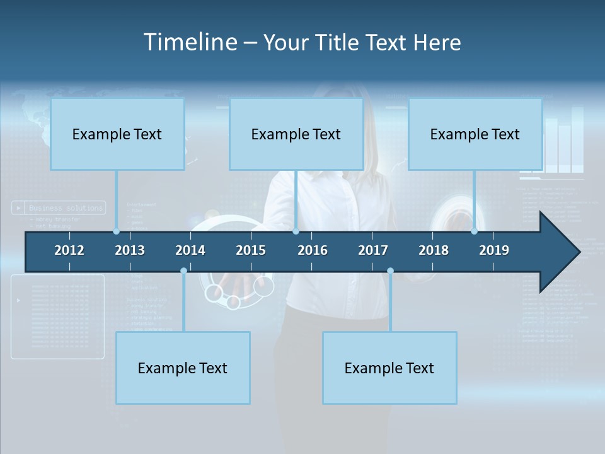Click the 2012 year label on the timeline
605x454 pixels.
[x=69, y=250]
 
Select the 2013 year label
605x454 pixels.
[x=130, y=250]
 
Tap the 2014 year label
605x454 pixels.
[x=190, y=250]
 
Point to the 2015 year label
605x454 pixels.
[x=251, y=250]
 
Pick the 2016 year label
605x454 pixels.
[x=313, y=250]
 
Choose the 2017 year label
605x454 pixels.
[x=373, y=250]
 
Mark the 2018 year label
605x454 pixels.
[x=434, y=250]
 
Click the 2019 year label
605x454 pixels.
[x=494, y=250]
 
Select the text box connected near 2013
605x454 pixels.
[x=117, y=134]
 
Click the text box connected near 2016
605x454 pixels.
[x=296, y=134]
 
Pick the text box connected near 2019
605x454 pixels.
[x=475, y=134]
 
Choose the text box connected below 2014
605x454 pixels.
[x=183, y=368]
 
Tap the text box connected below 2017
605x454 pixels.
[x=389, y=368]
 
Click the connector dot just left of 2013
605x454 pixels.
[x=116, y=231]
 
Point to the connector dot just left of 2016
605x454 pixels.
[x=296, y=231]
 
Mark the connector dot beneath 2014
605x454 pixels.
[x=183, y=271]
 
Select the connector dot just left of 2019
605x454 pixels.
[x=474, y=231]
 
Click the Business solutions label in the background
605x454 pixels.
[x=66, y=208]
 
